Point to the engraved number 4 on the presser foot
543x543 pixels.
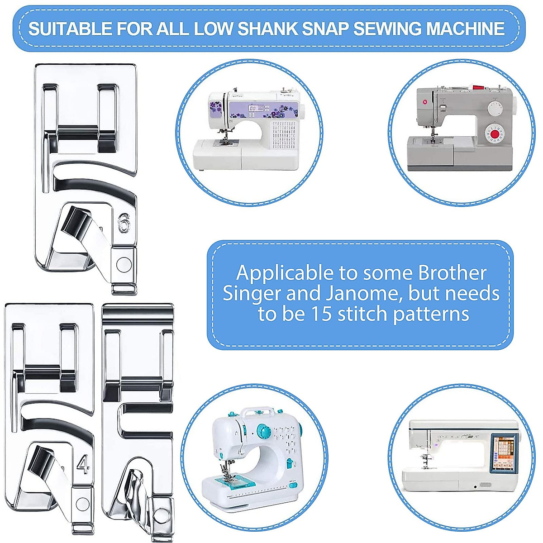tap(83, 465)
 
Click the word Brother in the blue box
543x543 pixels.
tap(452, 273)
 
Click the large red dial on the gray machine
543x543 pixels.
tap(494, 134)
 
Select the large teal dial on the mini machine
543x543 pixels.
tap(262, 431)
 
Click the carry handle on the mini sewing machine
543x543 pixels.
tap(257, 412)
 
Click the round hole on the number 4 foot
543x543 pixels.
tap(83, 503)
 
